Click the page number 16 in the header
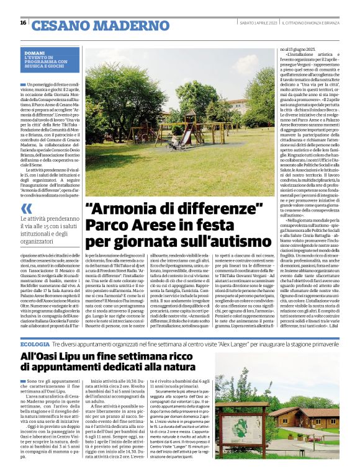24,23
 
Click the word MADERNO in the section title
118,25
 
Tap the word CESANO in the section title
58,25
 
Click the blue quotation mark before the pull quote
25,209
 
